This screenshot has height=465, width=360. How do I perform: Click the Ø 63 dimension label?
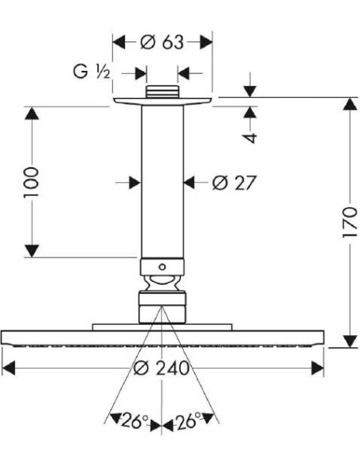tap(162, 42)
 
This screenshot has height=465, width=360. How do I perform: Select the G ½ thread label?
tap(91, 73)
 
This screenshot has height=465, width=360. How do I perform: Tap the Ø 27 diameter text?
tap(233, 183)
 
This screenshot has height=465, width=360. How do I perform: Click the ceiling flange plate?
tap(162, 101)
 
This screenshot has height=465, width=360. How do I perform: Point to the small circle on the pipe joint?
tap(162, 266)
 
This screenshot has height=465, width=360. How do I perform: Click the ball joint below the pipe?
tap(162, 282)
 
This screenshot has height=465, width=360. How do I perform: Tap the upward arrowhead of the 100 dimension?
tap(32, 115)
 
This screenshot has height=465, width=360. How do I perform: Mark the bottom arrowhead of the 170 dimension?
tap(349, 340)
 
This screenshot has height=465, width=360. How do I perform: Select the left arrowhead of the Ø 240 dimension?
tap(10, 367)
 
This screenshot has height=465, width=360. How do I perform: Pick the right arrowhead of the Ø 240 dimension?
tap(316, 367)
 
